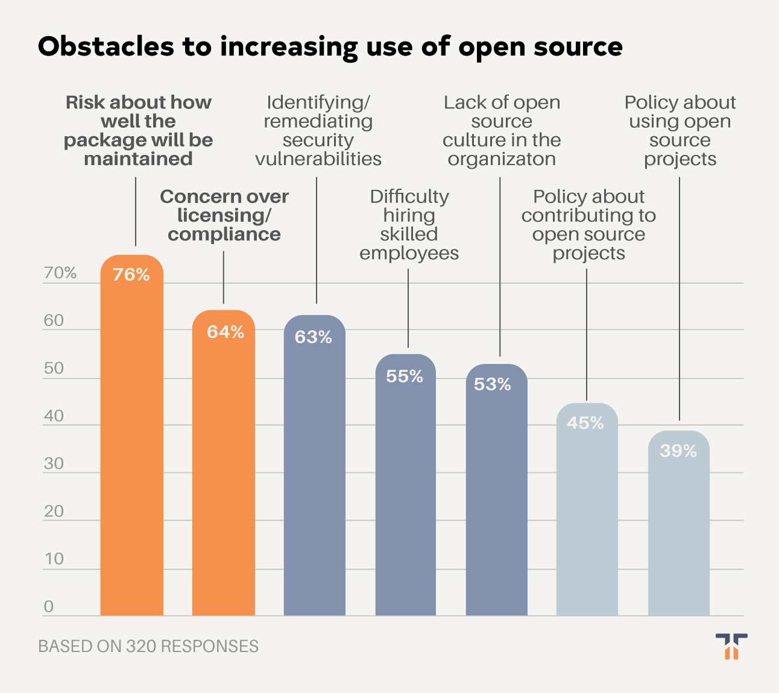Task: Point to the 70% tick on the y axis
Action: click(x=60, y=273)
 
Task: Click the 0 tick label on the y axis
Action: click(x=49, y=607)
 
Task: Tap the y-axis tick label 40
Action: click(x=54, y=416)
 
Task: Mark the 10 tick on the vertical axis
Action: click(x=54, y=559)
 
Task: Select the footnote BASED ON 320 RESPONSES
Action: click(x=148, y=647)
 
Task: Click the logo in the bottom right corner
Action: click(x=731, y=646)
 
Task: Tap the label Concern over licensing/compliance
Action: click(x=224, y=215)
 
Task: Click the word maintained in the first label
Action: click(x=138, y=159)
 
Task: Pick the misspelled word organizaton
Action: click(x=502, y=159)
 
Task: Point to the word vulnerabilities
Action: click(x=318, y=159)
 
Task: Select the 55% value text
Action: click(x=405, y=377)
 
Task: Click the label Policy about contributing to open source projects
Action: click(x=588, y=225)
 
